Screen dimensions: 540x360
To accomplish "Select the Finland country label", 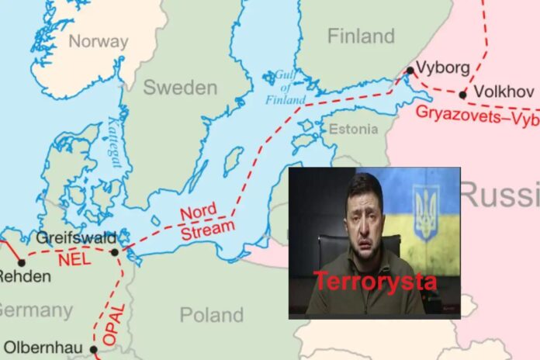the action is point(361,36).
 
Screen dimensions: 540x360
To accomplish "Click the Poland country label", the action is point(211,314).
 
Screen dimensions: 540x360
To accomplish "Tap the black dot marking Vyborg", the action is point(410,71).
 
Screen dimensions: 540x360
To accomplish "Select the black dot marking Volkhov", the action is point(462,95).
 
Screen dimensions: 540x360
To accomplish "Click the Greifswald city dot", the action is point(115,251).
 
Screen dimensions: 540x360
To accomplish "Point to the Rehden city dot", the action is point(22,263).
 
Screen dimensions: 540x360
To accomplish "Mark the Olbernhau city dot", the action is point(95,349).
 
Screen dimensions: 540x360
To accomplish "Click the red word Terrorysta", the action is point(375,282).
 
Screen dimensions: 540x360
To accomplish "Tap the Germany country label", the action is point(36,310).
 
